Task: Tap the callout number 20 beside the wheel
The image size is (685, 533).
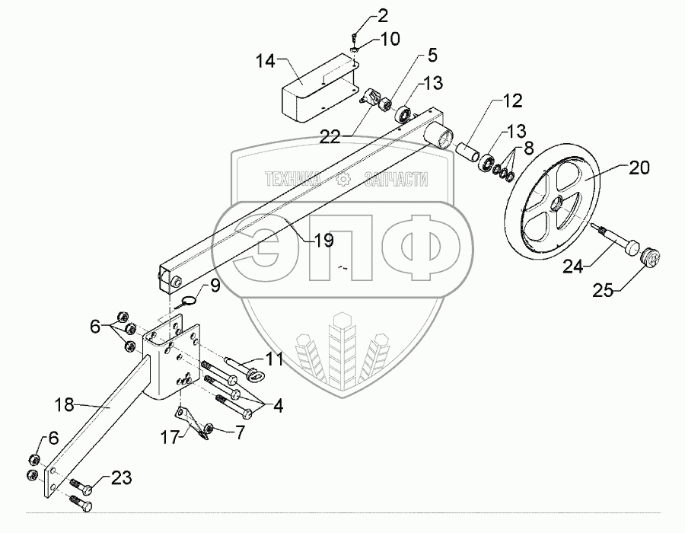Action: tap(639, 168)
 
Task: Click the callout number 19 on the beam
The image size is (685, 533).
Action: tap(323, 241)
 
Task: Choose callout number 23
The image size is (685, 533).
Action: tap(120, 478)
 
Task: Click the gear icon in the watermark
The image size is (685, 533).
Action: tap(342, 180)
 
